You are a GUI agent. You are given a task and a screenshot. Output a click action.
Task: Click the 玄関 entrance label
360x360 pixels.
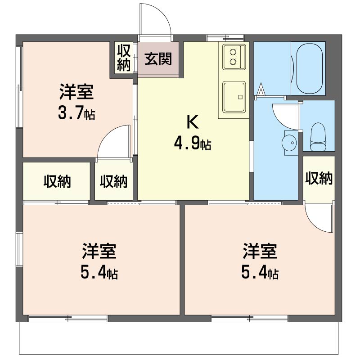click(x=158, y=59)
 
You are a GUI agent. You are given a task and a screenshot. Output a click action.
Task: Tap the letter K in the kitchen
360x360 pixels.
click(x=193, y=121)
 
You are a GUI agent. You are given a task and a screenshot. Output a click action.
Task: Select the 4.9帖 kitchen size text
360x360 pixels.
click(x=193, y=144)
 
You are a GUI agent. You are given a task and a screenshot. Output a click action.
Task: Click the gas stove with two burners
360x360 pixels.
click(x=234, y=57)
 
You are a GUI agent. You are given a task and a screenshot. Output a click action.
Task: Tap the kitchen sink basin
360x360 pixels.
click(x=234, y=97)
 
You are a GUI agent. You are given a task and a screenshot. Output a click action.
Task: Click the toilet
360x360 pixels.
click(x=318, y=137)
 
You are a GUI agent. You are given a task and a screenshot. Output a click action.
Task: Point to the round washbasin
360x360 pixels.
click(x=289, y=143)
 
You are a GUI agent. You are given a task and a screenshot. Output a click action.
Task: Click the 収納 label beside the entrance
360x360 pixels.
click(x=124, y=58)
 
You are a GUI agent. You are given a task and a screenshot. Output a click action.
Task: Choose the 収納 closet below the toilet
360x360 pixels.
click(x=319, y=178)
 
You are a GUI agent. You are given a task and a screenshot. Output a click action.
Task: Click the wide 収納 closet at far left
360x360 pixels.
click(x=57, y=181)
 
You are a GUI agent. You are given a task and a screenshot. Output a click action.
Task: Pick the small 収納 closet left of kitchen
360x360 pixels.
click(x=114, y=181)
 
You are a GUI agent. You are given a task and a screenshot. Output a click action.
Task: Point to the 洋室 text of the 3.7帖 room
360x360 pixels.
click(x=76, y=91)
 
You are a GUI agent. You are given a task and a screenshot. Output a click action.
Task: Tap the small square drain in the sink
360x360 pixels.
click(x=240, y=97)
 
